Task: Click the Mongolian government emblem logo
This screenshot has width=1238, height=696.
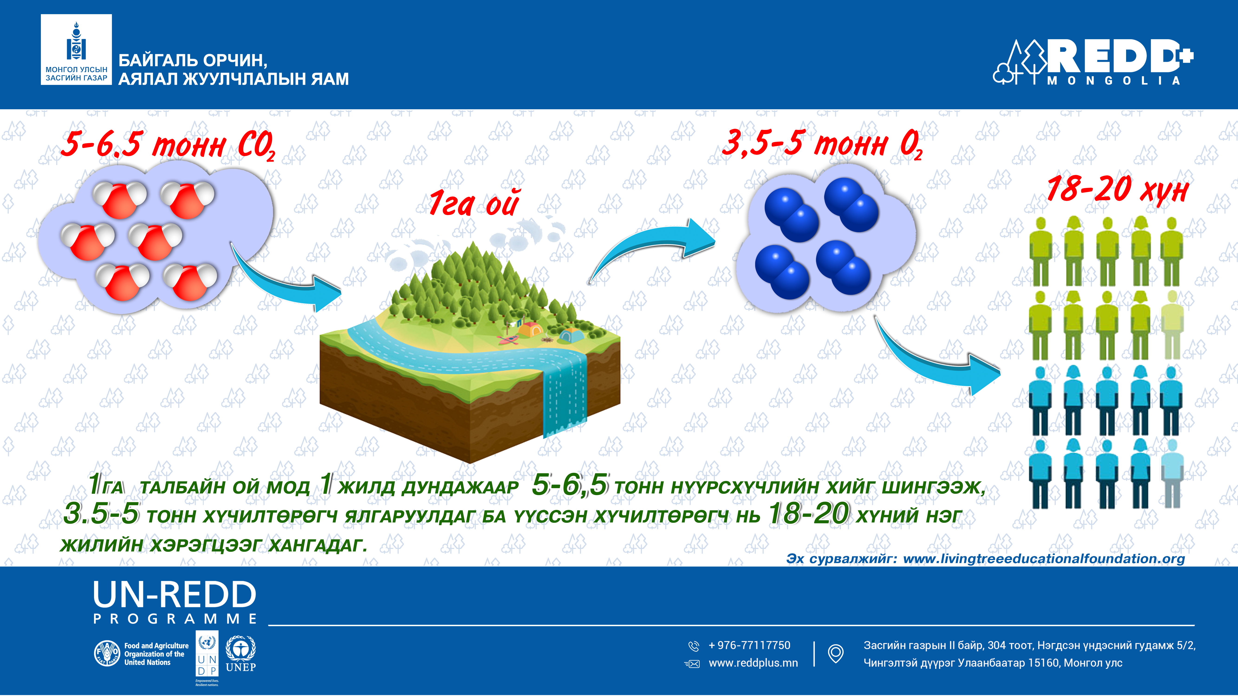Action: click(x=76, y=49)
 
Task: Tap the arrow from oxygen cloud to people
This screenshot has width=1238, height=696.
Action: click(x=930, y=363)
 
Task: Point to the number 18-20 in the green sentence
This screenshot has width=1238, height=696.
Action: click(x=809, y=514)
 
